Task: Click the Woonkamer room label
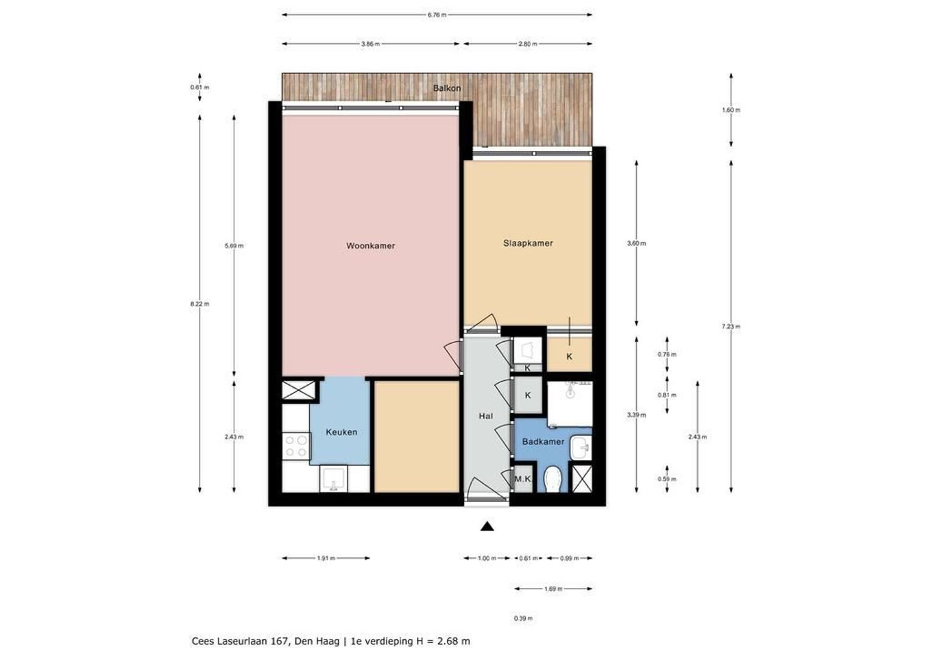coord(370,246)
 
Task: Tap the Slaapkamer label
coord(528,243)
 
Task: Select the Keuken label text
coord(341,432)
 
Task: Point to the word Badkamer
coord(543,442)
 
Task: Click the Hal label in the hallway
coord(486,416)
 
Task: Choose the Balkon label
coord(447,88)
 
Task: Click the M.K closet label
coord(522,479)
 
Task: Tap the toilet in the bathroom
coord(552,479)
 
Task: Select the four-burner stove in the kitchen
coord(296,446)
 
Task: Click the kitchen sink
coord(333,479)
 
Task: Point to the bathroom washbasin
coord(581,448)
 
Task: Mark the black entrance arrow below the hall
coord(487,526)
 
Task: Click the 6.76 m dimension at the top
coord(437,15)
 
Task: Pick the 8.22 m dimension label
coord(200,304)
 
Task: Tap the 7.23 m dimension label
coord(731,327)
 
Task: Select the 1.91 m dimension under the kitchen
coord(326,558)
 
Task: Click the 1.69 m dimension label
coord(553,589)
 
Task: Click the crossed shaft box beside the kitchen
coord(298,391)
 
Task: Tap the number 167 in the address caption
coord(280,641)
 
